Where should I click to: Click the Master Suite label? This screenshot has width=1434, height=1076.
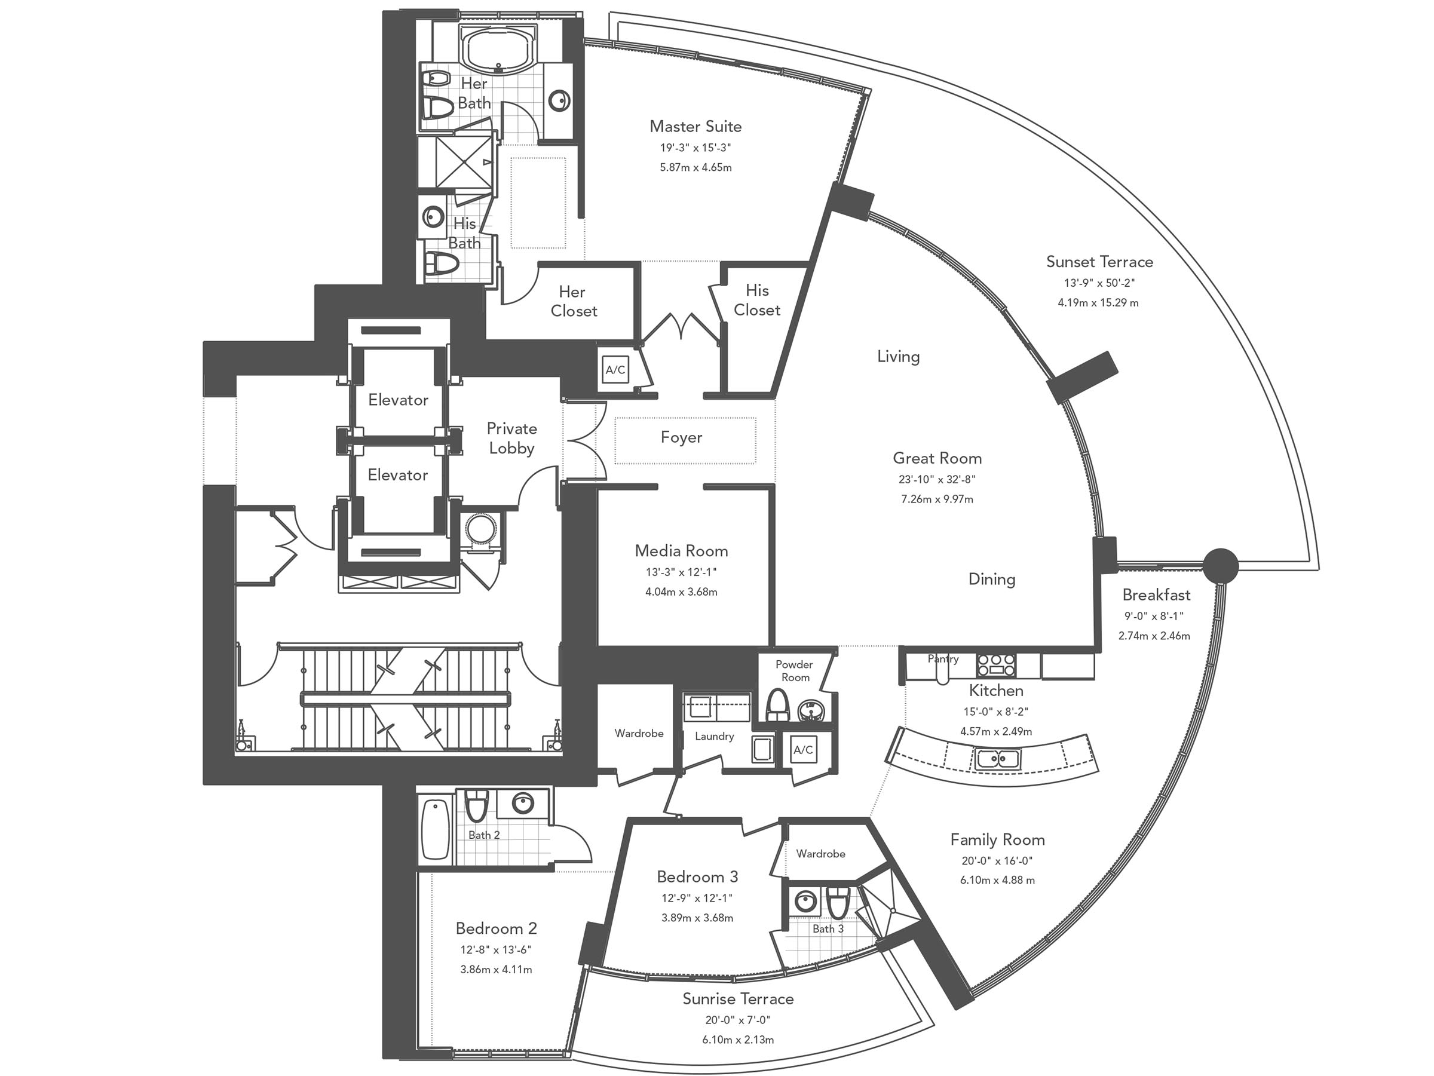pyautogui.click(x=695, y=127)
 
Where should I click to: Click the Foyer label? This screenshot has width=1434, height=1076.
pyautogui.click(x=681, y=437)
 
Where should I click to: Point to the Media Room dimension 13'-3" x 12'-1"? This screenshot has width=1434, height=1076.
pyautogui.click(x=681, y=572)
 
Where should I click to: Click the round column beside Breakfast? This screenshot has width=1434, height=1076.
pyautogui.click(x=1221, y=565)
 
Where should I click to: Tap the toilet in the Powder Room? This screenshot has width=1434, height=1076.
pyautogui.click(x=777, y=706)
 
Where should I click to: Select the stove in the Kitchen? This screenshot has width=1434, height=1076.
pyautogui.click(x=997, y=665)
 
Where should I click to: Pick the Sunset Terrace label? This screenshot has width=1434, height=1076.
pyautogui.click(x=1099, y=262)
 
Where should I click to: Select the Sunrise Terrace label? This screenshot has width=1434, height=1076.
pyautogui.click(x=738, y=999)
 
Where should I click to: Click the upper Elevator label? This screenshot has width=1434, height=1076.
pyautogui.click(x=398, y=400)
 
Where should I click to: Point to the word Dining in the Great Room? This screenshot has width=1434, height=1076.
pyautogui.click(x=991, y=579)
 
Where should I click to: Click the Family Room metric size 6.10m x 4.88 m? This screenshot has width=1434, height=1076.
pyautogui.click(x=997, y=880)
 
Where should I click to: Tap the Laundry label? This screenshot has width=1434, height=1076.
pyautogui.click(x=715, y=736)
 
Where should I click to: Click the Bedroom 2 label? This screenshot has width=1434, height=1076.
pyautogui.click(x=496, y=928)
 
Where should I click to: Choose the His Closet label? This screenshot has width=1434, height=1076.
pyautogui.click(x=756, y=300)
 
